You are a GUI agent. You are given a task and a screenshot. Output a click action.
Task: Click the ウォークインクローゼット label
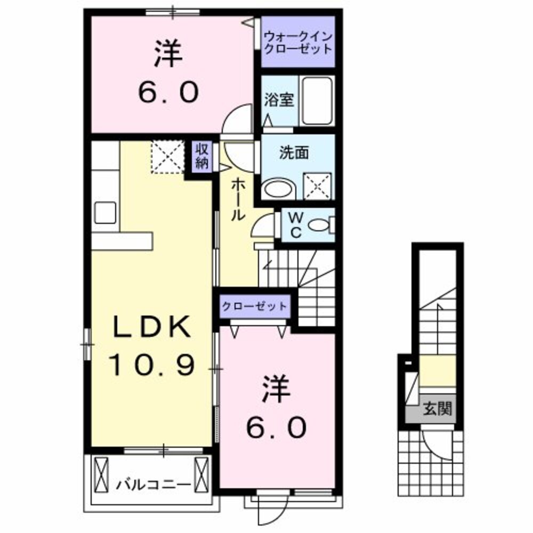pos(298,42)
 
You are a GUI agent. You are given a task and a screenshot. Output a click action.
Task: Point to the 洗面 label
pos(293,152)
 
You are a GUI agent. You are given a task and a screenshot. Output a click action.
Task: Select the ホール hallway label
pos(238,200)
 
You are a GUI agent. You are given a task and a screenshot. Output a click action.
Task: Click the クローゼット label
pos(255,306)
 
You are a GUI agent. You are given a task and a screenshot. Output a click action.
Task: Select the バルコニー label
pos(154,485)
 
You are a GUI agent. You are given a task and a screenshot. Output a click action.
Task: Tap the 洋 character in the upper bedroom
pos(168,56)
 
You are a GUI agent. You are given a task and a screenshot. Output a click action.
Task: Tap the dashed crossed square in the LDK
pos(167,156)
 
